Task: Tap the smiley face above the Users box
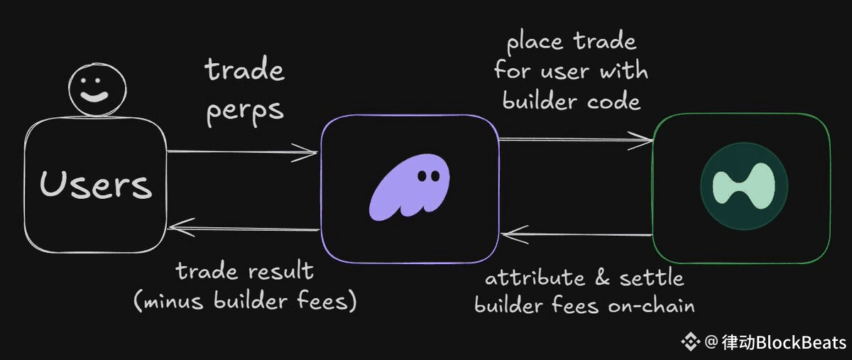(x=97, y=92)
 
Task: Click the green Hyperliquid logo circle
(x=743, y=190)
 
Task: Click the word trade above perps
(x=245, y=70)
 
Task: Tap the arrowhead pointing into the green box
(x=643, y=141)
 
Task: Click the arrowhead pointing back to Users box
(x=179, y=229)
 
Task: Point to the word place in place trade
(x=535, y=41)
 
